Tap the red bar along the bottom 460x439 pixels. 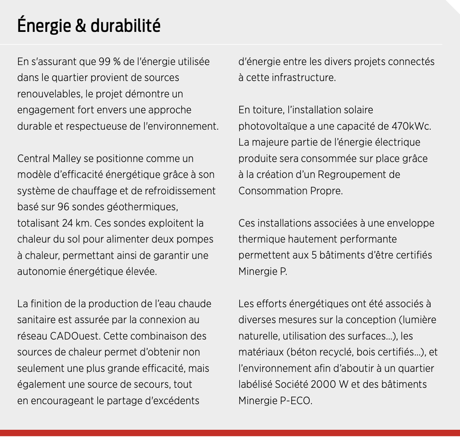click(230, 433)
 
